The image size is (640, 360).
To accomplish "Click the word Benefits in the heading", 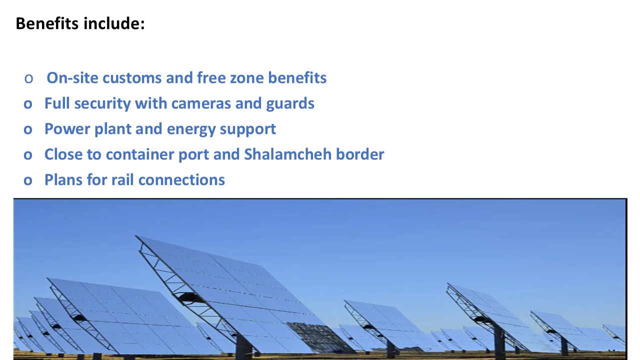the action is click(x=47, y=23).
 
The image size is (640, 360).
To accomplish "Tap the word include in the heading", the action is click(x=114, y=23).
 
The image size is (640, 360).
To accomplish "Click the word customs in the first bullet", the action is click(x=132, y=77).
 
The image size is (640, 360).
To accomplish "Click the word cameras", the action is click(x=201, y=103).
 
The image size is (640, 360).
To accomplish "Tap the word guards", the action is click(x=290, y=103).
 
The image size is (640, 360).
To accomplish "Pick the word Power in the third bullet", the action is click(x=67, y=129).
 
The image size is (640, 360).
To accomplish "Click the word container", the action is click(x=140, y=154).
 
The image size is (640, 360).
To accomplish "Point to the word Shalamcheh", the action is click(x=287, y=154).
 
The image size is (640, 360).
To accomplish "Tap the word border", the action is click(x=360, y=154).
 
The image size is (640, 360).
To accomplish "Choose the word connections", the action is click(x=181, y=179).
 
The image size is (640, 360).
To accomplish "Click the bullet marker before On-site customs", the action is click(x=28, y=78).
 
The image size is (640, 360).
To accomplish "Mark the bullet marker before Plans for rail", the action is click(x=27, y=180).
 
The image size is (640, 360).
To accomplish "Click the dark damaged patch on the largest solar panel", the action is click(x=317, y=337).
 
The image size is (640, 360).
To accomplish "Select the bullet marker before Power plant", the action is click(x=27, y=129).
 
